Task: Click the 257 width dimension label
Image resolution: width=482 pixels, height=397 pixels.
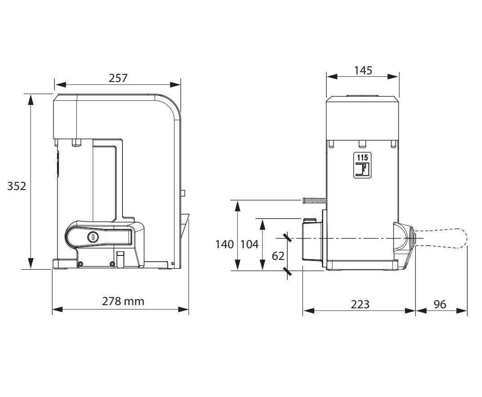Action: (x=118, y=78)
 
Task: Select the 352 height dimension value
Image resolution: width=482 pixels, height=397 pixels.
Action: (x=17, y=186)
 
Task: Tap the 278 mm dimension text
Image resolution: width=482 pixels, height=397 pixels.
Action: (x=123, y=301)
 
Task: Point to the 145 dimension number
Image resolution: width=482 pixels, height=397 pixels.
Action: (x=363, y=70)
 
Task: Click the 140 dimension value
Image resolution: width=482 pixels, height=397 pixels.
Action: (x=224, y=244)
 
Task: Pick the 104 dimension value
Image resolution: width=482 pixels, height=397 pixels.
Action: (x=249, y=244)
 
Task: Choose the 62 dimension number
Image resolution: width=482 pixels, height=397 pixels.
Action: (x=278, y=256)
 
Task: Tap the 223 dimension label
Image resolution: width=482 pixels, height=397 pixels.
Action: (x=360, y=304)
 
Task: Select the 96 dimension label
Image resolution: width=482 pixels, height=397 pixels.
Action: (x=440, y=304)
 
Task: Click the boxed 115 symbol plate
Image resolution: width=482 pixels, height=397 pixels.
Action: (x=363, y=165)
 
